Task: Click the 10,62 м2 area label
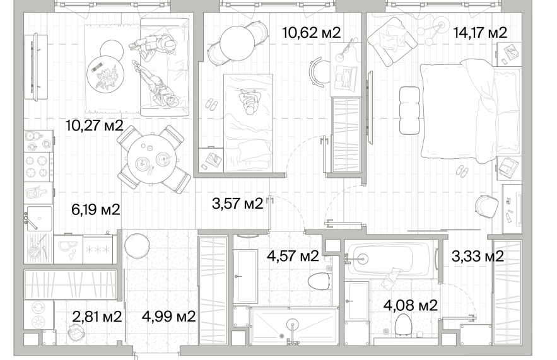point(311,33)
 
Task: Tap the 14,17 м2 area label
point(480,33)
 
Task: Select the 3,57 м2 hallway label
point(237,204)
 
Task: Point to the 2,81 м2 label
point(97,316)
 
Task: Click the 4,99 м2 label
point(168,316)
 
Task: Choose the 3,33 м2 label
point(478,256)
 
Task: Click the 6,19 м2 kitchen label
point(95,209)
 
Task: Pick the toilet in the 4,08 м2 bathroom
point(403,325)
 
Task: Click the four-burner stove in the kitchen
point(38,167)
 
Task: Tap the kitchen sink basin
point(40,218)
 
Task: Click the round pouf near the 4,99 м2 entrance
point(137,246)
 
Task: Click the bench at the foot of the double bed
point(409,110)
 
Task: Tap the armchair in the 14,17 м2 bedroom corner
point(392,41)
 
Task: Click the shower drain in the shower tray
point(282,335)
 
